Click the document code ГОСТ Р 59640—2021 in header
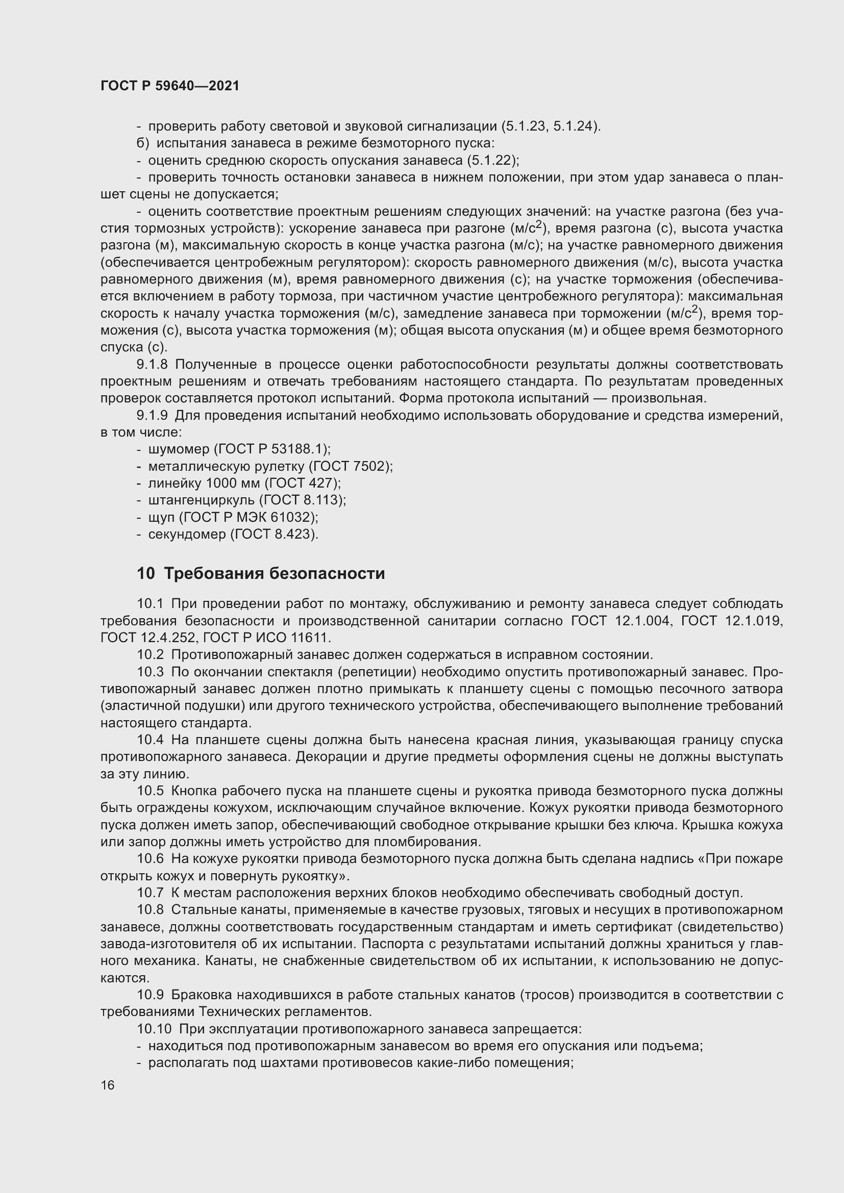tap(170, 86)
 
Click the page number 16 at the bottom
tap(108, 1085)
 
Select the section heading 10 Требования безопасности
tap(261, 574)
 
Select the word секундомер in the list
tap(187, 534)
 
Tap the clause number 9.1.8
tap(152, 364)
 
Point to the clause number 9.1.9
tap(152, 415)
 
